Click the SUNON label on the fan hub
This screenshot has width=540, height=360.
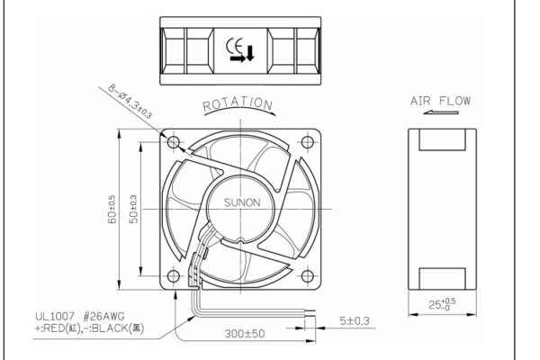[x=240, y=202]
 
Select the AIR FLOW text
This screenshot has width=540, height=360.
[x=440, y=101]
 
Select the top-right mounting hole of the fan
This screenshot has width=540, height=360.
[x=309, y=142]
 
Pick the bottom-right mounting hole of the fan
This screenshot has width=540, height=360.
[x=309, y=276]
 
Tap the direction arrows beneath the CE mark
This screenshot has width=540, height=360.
[x=241, y=56]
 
